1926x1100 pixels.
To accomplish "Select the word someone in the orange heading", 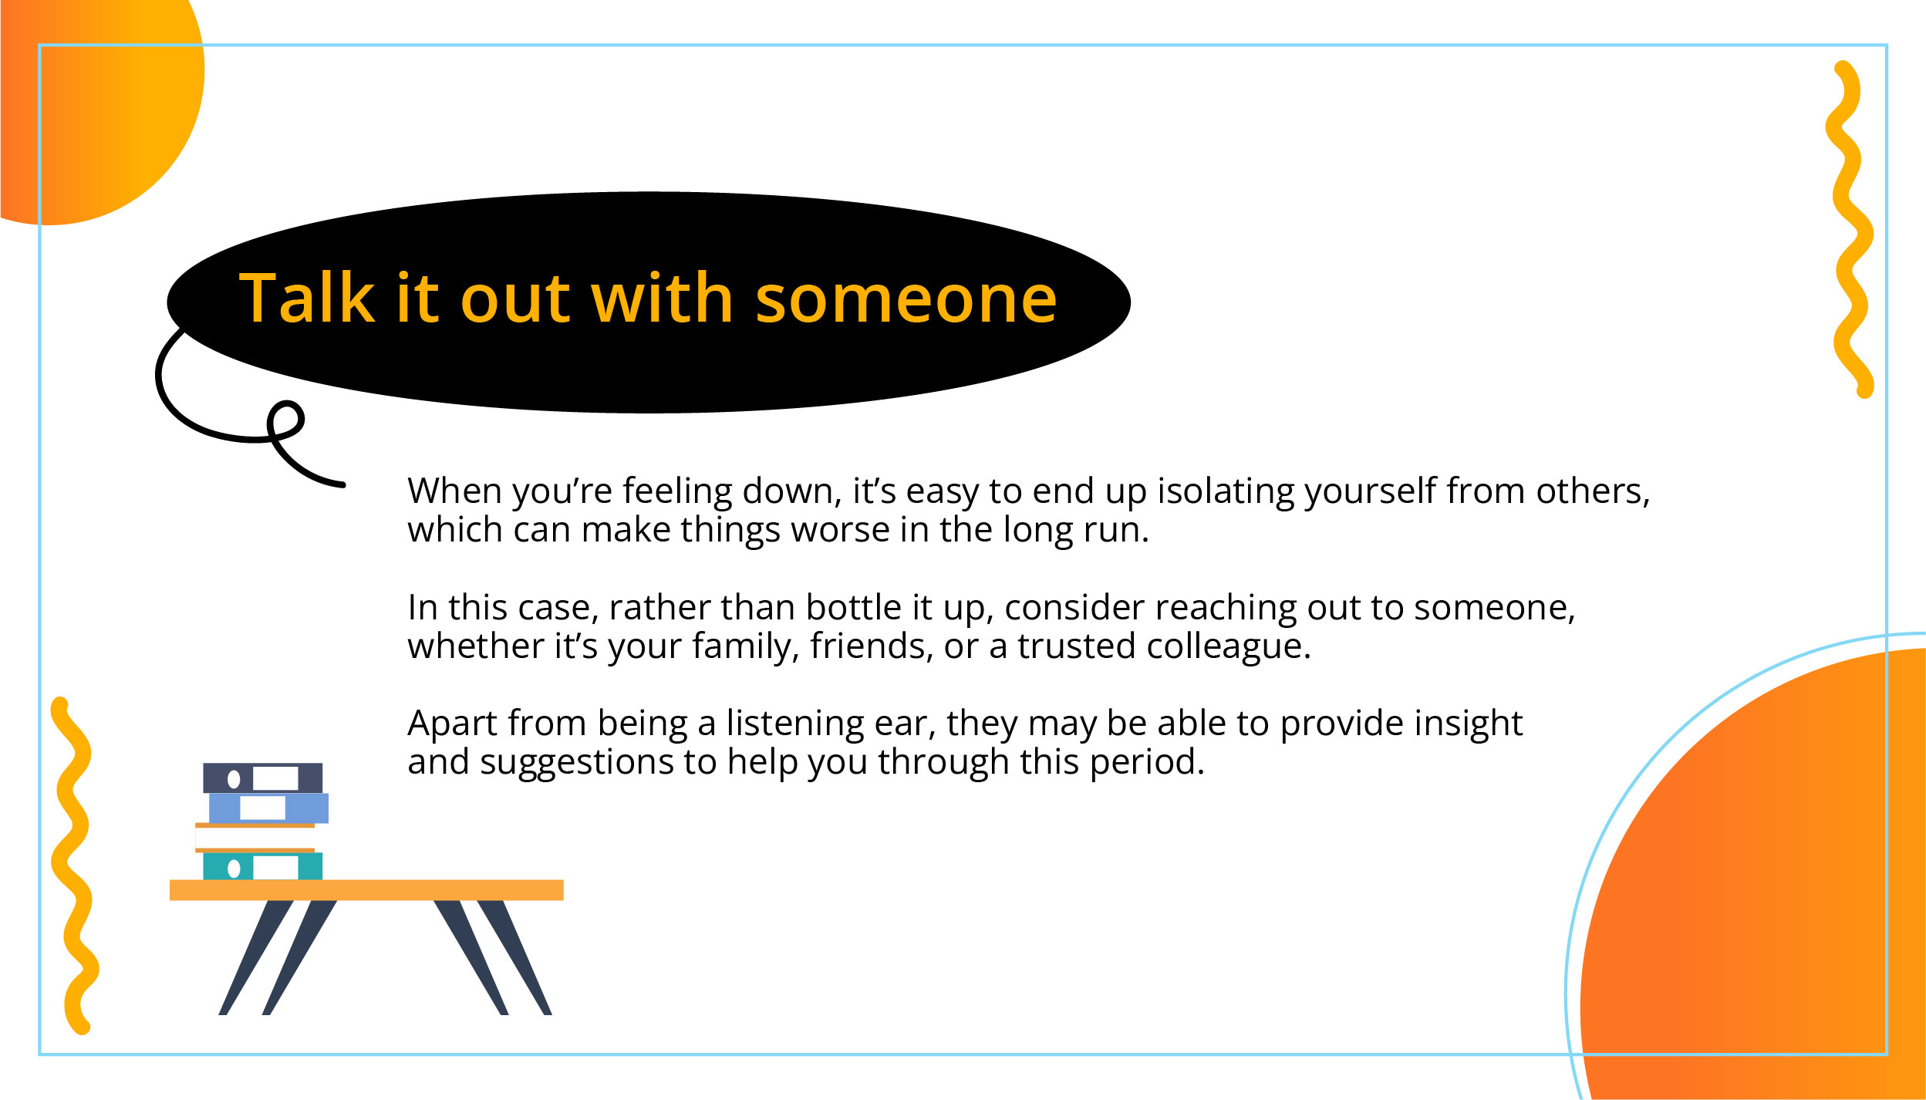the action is (906, 299).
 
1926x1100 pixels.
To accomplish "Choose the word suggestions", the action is (575, 762).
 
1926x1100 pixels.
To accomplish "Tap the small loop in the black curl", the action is (286, 420).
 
